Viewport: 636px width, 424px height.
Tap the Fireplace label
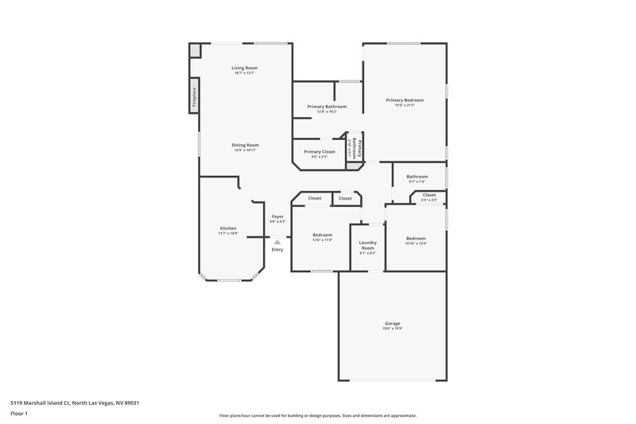coord(193,95)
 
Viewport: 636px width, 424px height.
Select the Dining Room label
coord(246,145)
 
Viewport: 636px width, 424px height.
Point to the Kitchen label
coord(228,228)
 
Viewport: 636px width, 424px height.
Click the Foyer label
coord(277,216)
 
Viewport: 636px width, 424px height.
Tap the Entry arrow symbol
coord(277,242)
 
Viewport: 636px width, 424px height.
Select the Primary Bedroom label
coord(405,100)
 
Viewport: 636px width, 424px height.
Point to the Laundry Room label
coord(366,245)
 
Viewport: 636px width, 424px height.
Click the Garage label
coord(392,323)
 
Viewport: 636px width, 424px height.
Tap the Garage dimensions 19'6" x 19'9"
coord(392,328)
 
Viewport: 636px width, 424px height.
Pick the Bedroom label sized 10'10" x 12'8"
coord(417,239)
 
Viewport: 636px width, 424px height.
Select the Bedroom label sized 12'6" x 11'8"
coord(322,235)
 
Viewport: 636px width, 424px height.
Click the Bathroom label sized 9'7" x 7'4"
coord(417,177)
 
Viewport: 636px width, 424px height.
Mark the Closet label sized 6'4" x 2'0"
coord(429,195)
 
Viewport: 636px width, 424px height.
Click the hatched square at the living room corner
coord(194,50)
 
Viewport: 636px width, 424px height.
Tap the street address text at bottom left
coord(70,403)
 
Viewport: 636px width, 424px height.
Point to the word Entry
coord(277,250)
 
